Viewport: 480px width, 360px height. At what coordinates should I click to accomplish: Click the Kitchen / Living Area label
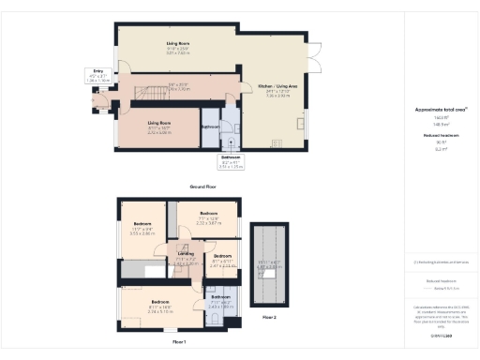click(277, 86)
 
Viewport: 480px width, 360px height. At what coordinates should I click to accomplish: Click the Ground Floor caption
click(205, 187)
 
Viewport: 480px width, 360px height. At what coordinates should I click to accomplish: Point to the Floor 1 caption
click(179, 342)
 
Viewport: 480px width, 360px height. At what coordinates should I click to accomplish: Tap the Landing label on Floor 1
click(187, 253)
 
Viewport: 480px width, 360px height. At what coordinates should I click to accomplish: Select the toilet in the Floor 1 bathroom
click(215, 320)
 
